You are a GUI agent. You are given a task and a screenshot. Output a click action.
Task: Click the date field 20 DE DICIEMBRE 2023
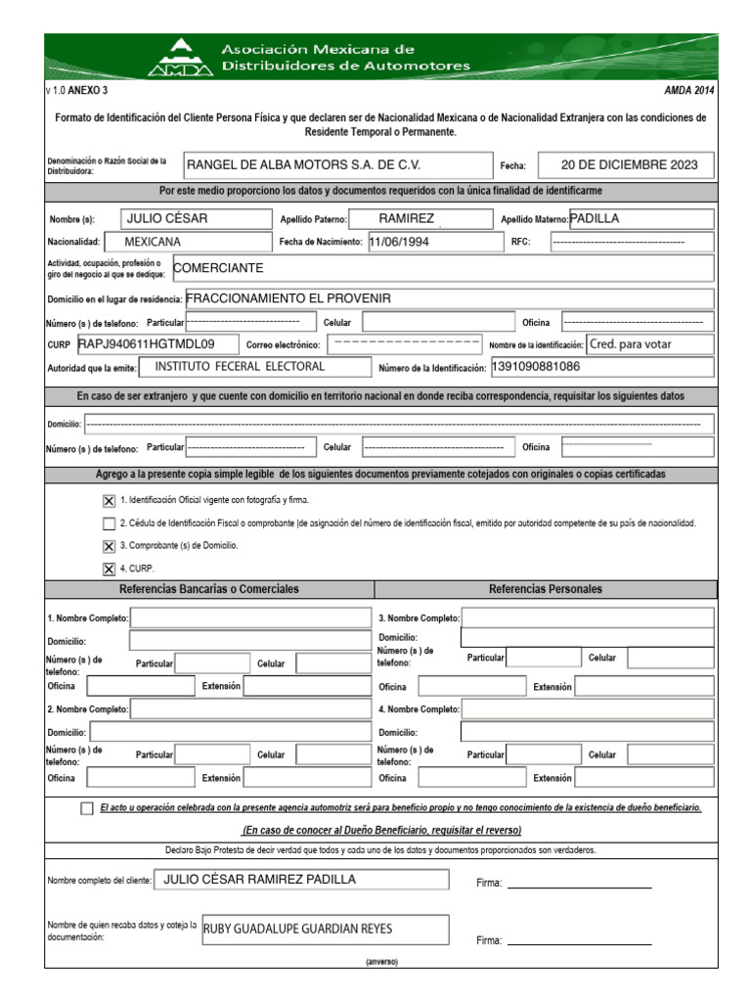pyautogui.click(x=637, y=164)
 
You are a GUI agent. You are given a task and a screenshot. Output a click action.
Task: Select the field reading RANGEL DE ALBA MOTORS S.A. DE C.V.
pyautogui.click(x=303, y=164)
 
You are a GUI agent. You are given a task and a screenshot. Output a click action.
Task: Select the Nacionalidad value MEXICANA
pyautogui.click(x=153, y=241)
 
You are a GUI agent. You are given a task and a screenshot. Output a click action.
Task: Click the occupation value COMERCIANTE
pyautogui.click(x=218, y=267)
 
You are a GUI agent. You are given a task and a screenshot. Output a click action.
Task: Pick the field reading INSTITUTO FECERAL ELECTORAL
pyautogui.click(x=241, y=367)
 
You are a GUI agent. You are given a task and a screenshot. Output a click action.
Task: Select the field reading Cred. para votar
pyautogui.click(x=643, y=344)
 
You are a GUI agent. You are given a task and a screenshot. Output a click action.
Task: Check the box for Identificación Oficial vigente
pyautogui.click(x=109, y=500)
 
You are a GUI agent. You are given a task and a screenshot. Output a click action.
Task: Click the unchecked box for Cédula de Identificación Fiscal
pyautogui.click(x=109, y=523)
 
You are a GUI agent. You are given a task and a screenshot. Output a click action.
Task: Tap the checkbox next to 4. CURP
pyautogui.click(x=109, y=569)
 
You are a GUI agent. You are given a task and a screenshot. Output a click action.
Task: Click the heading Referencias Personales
pyautogui.click(x=545, y=589)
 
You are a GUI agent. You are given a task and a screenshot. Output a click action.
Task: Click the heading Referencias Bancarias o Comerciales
pyautogui.click(x=208, y=589)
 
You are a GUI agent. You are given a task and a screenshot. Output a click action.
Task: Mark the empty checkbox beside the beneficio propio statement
pyautogui.click(x=88, y=808)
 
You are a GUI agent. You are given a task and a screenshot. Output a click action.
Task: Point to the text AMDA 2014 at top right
pyautogui.click(x=688, y=90)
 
